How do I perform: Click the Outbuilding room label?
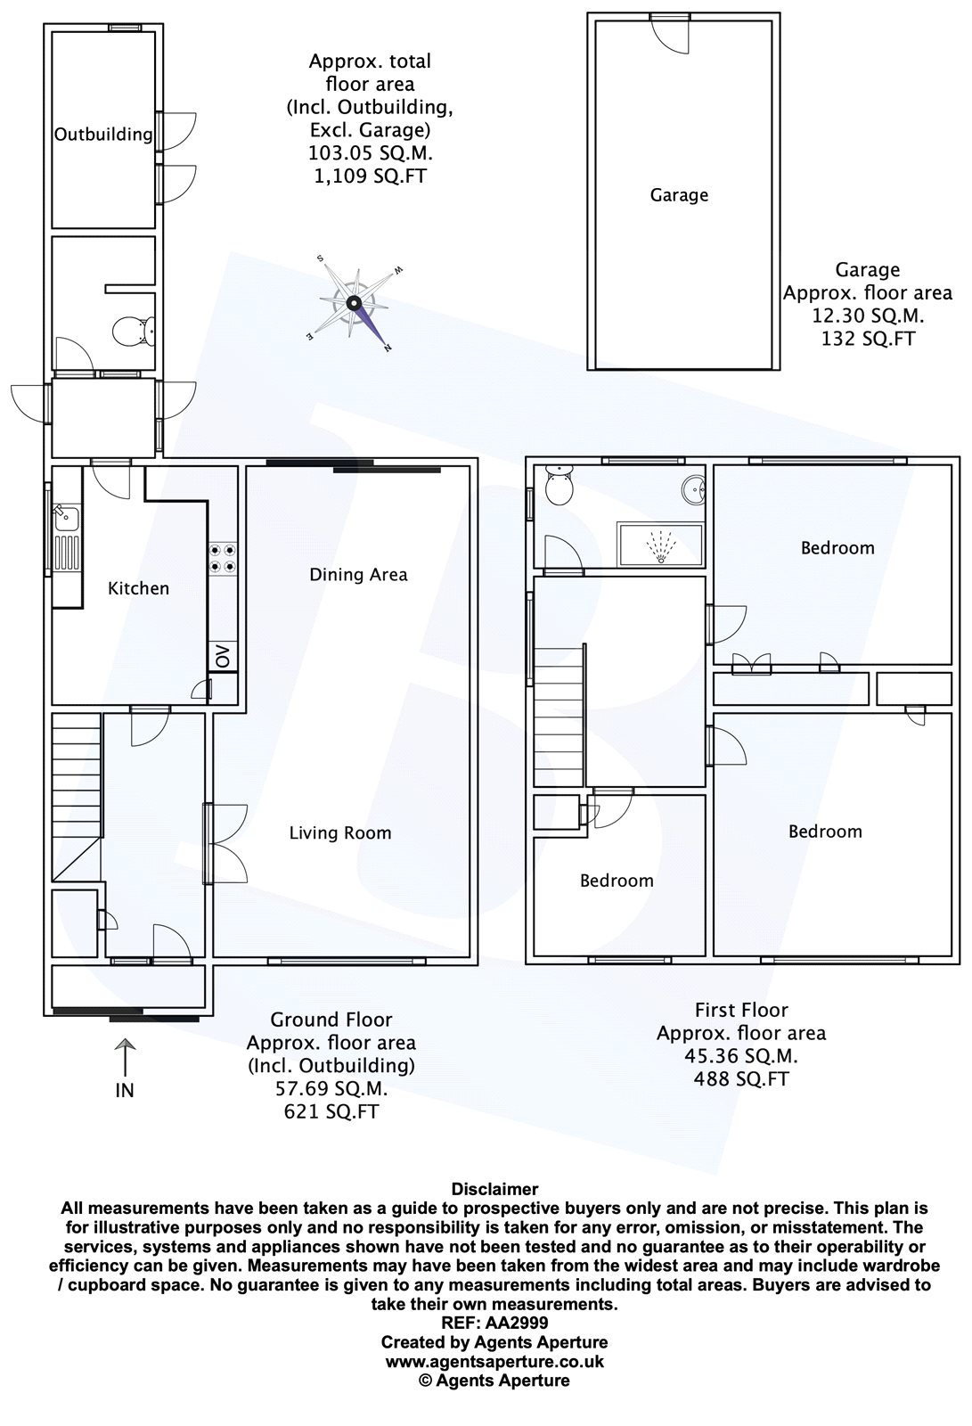(x=103, y=135)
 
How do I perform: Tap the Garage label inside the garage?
(x=679, y=195)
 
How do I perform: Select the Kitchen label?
(x=138, y=588)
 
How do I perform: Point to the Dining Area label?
(x=358, y=575)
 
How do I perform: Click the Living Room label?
(x=340, y=832)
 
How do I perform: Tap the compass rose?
(x=355, y=303)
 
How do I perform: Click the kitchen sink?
(x=66, y=537)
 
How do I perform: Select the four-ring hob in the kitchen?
(x=222, y=558)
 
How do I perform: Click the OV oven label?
(x=223, y=656)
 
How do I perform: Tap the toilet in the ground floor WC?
(x=134, y=331)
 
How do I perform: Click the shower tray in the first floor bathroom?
(x=660, y=545)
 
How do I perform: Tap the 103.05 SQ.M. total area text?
(x=370, y=152)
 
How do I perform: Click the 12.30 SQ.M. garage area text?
(x=868, y=316)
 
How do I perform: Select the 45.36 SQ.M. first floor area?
(x=741, y=1056)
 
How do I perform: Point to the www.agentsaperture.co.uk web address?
(x=494, y=1362)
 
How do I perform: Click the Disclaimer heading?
(x=494, y=1189)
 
